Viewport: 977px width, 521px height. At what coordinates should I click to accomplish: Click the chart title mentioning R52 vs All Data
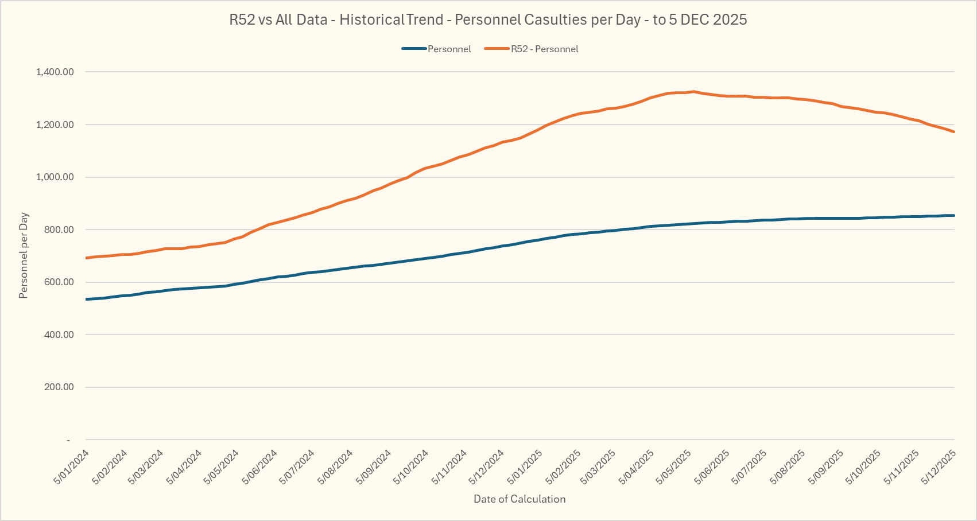point(488,20)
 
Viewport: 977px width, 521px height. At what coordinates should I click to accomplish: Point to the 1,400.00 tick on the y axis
point(55,72)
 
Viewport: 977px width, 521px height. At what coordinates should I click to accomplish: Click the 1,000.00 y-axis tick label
point(55,177)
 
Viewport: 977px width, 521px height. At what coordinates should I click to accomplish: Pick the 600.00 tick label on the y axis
point(58,282)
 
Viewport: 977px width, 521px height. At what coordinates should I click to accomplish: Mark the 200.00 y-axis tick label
point(58,387)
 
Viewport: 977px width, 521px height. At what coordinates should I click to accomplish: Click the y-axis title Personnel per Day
point(24,256)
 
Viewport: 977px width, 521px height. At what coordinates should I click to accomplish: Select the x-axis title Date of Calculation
point(519,499)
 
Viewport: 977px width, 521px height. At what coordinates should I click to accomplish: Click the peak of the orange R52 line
point(693,91)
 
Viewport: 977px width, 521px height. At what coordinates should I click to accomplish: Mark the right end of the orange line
point(953,132)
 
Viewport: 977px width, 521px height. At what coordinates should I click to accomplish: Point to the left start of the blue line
point(87,299)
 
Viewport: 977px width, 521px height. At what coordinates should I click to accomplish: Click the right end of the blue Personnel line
point(953,215)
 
